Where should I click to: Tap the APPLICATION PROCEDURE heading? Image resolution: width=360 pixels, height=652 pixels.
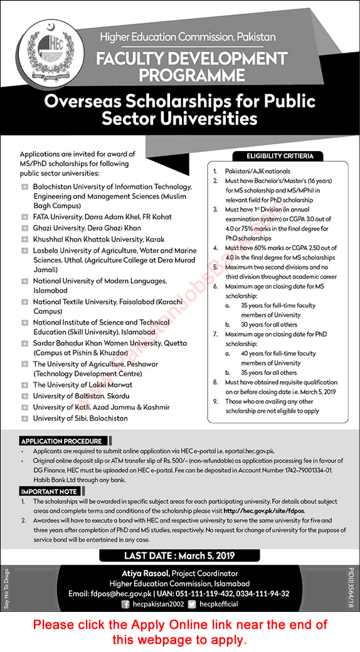point(61,441)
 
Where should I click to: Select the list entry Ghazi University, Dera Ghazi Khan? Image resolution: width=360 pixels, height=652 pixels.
point(87,228)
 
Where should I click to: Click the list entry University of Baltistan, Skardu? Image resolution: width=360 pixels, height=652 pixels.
point(81,396)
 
